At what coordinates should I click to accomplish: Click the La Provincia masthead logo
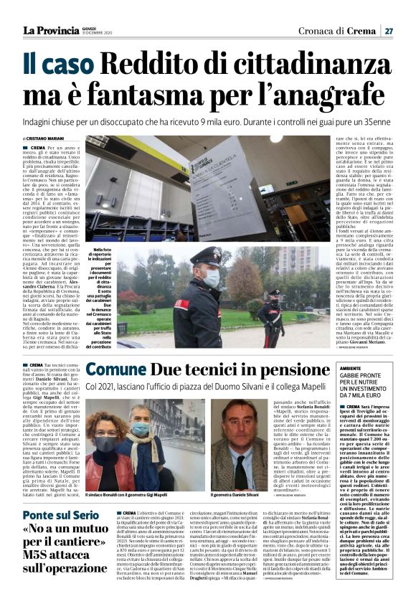50,30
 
